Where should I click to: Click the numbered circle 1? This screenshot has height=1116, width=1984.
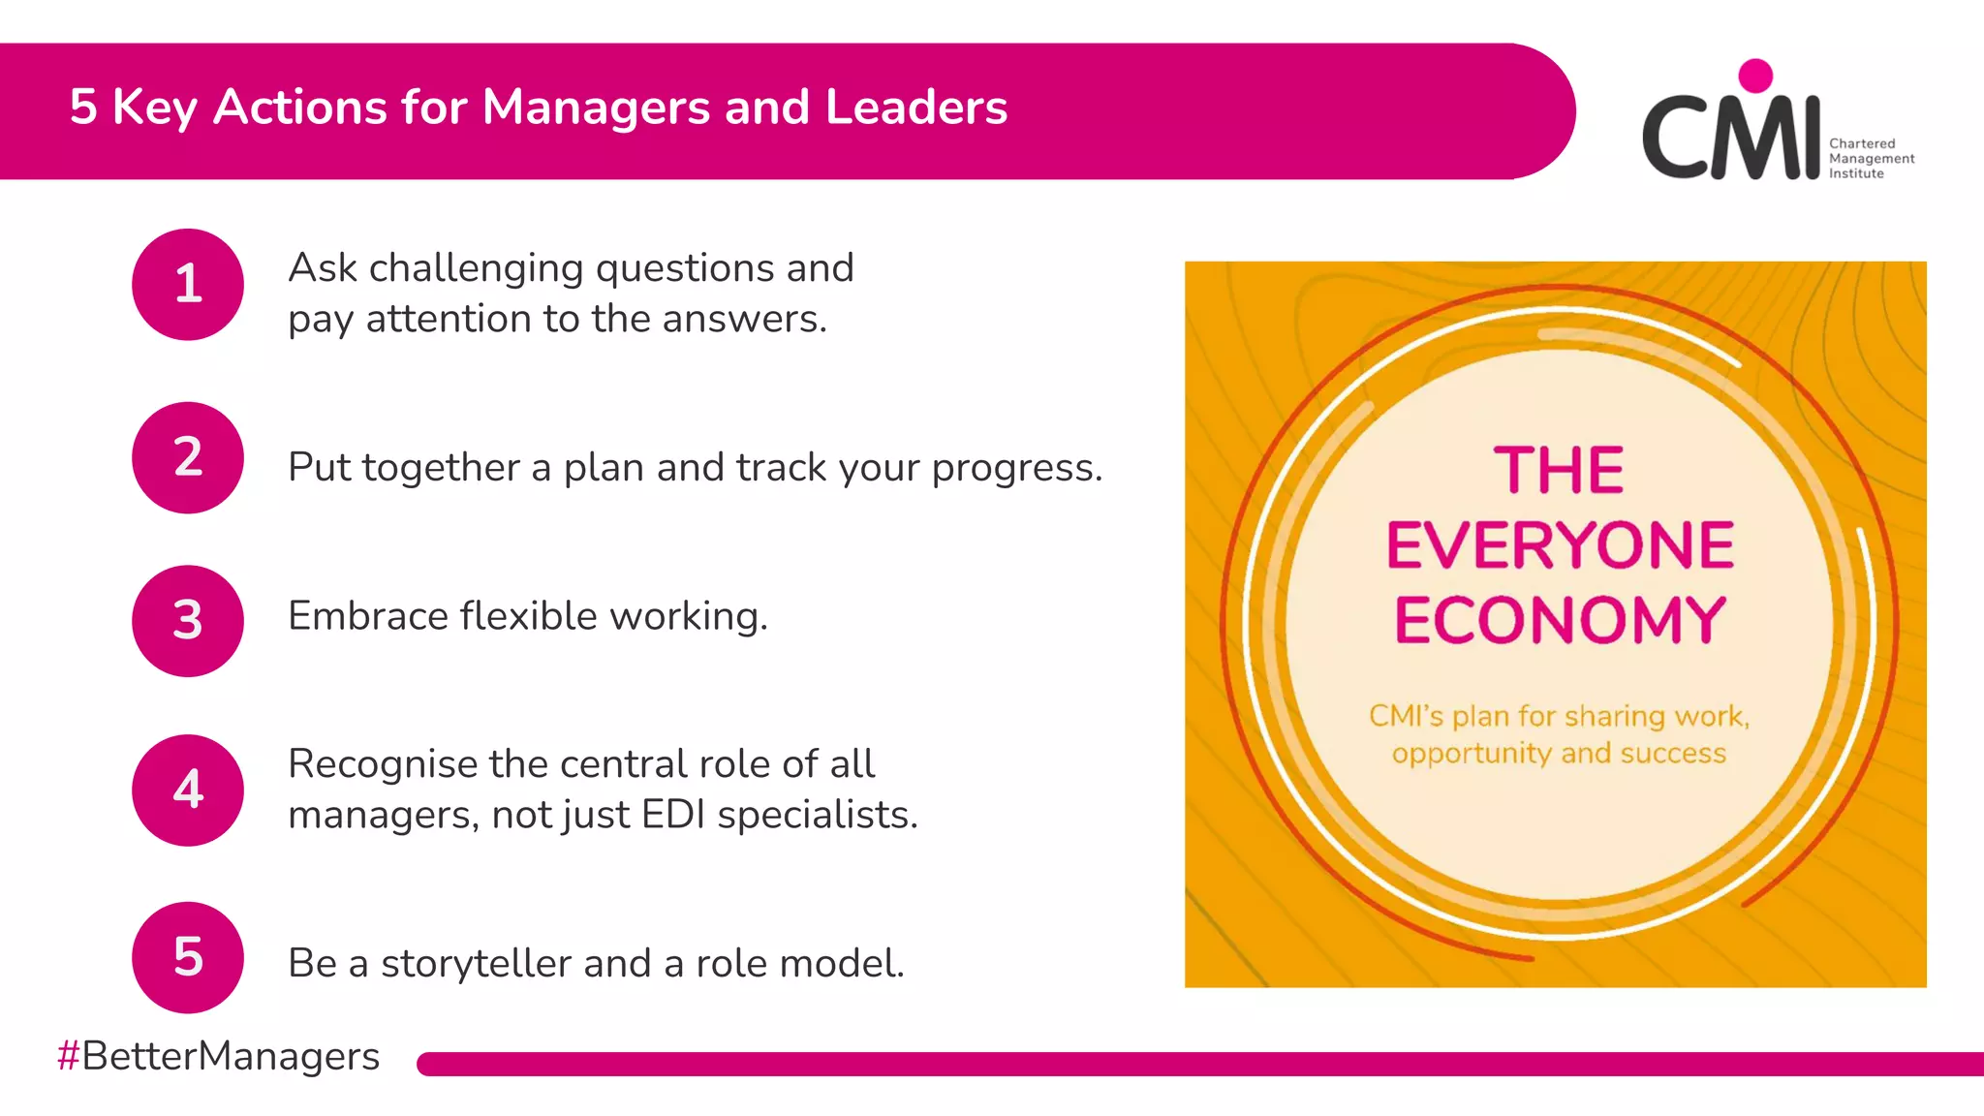(188, 285)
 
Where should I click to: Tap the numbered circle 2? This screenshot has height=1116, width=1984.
(188, 457)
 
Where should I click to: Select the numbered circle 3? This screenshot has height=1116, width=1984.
(188, 621)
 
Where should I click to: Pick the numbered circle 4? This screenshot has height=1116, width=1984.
(188, 790)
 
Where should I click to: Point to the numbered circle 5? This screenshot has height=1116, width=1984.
(188, 957)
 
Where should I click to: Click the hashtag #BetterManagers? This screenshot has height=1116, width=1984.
(219, 1056)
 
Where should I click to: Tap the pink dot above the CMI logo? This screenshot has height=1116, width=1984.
(1755, 76)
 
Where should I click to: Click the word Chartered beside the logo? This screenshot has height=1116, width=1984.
(1862, 143)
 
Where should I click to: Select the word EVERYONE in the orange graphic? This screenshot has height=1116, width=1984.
(1560, 545)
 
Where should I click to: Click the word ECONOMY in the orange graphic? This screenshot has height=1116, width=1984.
(1560, 620)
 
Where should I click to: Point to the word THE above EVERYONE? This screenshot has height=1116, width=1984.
(1559, 471)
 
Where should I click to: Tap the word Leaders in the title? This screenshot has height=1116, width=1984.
(915, 107)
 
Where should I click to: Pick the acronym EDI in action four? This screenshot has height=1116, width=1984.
(673, 815)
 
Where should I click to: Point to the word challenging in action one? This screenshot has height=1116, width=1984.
(476, 269)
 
